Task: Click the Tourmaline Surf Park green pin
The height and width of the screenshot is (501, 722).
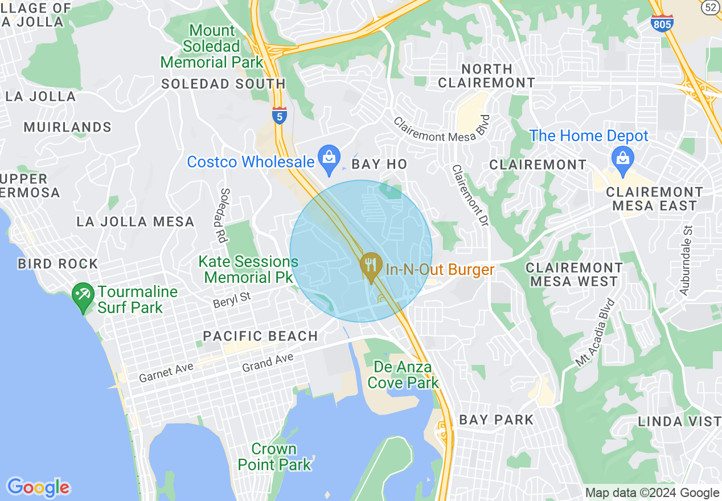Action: coord(84,297)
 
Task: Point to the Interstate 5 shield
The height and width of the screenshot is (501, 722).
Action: coord(279,114)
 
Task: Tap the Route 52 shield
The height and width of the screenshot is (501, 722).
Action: coord(710,7)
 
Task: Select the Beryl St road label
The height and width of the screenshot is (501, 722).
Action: coord(232,299)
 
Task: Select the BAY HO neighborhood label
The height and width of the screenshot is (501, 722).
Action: coord(379,165)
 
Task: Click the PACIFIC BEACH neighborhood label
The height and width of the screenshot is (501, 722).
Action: coord(260,336)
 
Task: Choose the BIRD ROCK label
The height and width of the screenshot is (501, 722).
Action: coord(58,264)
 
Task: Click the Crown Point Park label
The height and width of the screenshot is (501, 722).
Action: coord(274,457)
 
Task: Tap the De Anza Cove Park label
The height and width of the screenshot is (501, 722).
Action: coord(403,375)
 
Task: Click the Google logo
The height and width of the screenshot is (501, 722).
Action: coord(38,487)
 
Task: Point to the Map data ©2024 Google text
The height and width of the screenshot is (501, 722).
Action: coord(652,493)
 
